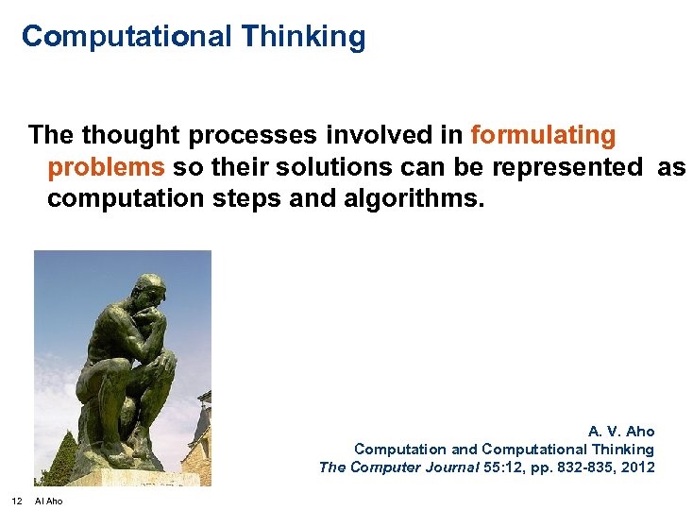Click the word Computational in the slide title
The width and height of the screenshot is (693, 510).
tap(127, 37)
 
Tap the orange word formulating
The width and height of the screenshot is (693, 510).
tap(543, 135)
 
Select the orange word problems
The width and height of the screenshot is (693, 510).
tap(106, 167)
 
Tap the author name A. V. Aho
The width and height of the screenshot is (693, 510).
tap(621, 432)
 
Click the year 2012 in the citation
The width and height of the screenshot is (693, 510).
tap(638, 467)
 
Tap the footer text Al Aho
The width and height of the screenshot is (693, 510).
tap(49, 501)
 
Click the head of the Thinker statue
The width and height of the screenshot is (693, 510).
tap(147, 289)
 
